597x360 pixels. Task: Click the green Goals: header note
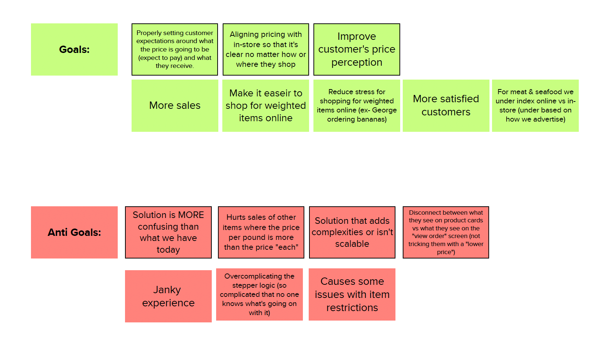point(74,50)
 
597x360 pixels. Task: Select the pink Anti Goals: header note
point(74,232)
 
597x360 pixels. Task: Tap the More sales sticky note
point(175,106)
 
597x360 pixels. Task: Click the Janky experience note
point(168,296)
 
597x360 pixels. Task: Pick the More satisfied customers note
point(446,106)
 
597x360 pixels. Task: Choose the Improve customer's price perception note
point(356,50)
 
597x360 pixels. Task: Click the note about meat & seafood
point(535,106)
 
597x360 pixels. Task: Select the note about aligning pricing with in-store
point(266,50)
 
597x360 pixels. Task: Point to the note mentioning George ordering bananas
point(356,106)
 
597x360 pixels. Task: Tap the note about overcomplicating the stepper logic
point(259,294)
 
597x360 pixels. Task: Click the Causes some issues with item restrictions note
point(352,294)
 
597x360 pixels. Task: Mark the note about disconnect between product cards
point(445,232)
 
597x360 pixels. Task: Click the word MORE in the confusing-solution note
point(191,215)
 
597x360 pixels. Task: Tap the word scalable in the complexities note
point(352,244)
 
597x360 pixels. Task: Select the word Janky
point(167,290)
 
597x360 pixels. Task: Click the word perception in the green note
point(356,63)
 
